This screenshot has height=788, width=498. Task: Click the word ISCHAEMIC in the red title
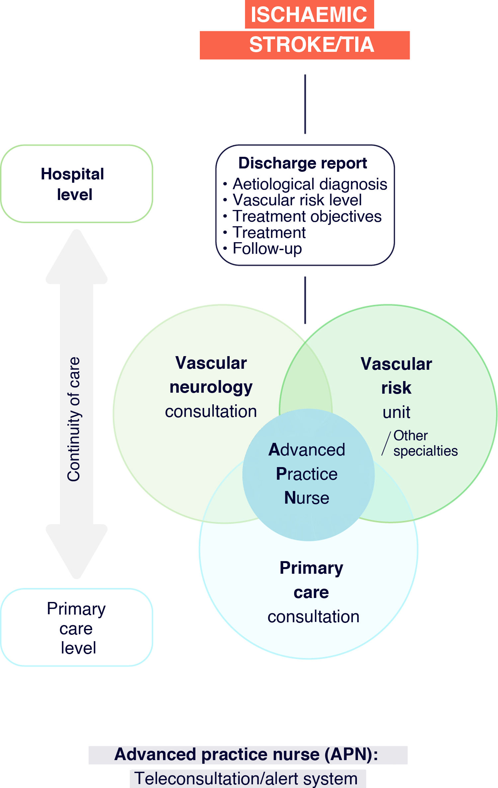[309, 15]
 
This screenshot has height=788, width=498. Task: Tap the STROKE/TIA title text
[312, 45]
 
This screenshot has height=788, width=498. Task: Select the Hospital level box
[77, 184]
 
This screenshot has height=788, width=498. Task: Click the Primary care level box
[77, 627]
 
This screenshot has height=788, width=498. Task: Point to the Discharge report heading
[303, 163]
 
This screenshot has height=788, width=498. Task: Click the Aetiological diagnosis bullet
[310, 184]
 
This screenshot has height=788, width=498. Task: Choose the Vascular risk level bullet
[297, 200]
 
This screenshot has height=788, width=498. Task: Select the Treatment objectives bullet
[307, 216]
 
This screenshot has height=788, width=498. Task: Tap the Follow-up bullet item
[267, 248]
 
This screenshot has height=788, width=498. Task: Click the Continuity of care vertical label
[74, 419]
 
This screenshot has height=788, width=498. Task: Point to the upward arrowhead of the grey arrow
[77, 256]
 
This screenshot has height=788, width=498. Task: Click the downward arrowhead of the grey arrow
[77, 551]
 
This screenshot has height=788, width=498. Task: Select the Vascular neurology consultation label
[211, 387]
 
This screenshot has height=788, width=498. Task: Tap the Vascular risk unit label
[396, 388]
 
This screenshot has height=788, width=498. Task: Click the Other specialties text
[425, 443]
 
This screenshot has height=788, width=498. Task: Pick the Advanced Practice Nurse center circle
[308, 475]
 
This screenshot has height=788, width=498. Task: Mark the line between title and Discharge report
[305, 104]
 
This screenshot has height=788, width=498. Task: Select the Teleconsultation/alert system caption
[246, 778]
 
